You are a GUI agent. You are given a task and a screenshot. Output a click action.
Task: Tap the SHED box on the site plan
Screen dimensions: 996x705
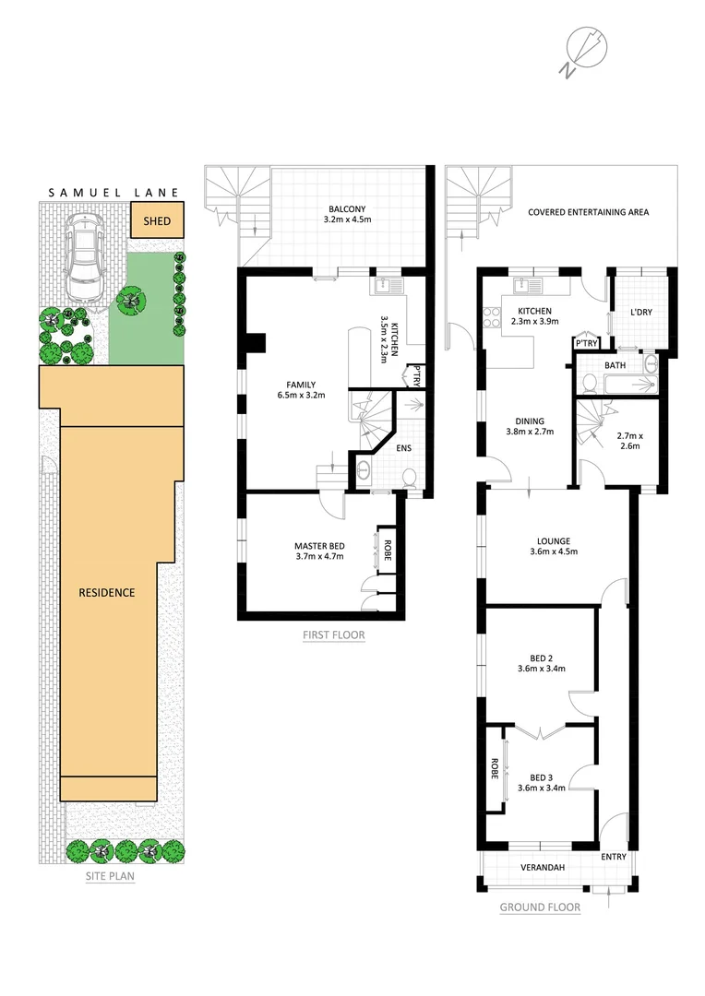point(157,221)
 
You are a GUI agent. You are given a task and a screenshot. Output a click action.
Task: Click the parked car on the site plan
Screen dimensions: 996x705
point(85,260)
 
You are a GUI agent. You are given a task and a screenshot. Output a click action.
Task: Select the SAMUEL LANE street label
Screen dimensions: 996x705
point(114,194)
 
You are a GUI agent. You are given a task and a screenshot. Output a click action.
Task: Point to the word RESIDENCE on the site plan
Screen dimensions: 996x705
point(107,592)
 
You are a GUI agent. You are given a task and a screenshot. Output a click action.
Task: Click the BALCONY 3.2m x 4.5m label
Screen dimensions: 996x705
point(334,214)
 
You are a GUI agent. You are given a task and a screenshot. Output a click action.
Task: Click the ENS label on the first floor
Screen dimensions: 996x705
point(403,449)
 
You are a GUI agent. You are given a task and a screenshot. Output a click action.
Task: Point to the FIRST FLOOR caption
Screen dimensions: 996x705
point(333,634)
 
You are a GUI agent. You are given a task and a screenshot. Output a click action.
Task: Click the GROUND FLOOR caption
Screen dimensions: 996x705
point(540,907)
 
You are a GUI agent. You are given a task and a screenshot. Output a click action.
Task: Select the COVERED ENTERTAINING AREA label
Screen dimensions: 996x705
point(588,212)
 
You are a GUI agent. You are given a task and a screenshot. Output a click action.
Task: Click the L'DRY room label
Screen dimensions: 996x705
point(640,313)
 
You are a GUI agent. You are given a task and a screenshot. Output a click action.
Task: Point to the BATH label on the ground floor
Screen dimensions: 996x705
point(615,366)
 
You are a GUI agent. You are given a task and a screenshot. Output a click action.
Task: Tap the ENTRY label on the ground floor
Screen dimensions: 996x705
point(614,857)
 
